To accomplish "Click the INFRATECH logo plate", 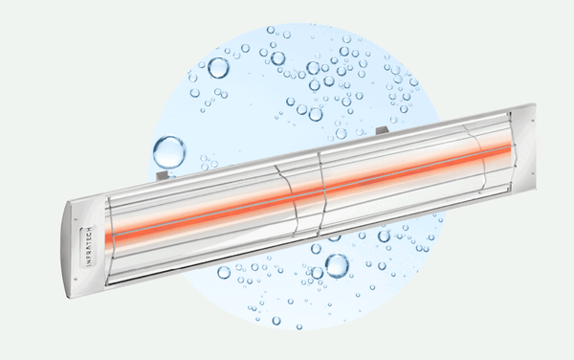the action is coord(88,246).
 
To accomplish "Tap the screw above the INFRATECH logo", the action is coord(76,220).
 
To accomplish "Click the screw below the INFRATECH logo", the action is coord(75,279).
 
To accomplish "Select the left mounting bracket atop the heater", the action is coord(163,174).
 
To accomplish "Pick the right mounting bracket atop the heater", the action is coord(382,130).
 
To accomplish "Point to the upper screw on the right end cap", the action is coord(532,121).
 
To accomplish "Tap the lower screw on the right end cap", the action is coord(532,172).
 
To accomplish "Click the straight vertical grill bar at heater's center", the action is coord(320,193).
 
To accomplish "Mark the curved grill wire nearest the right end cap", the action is coord(476,158).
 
